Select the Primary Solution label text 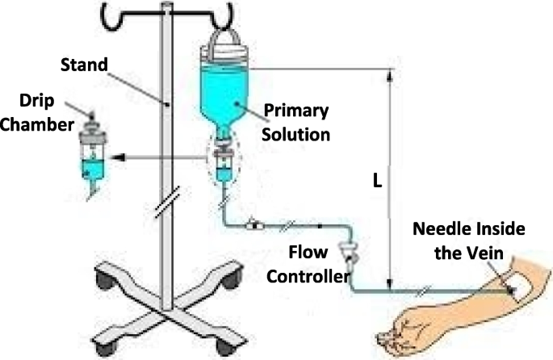tap(295, 119)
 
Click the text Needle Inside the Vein tap(469, 241)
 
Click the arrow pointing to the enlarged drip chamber tap(161, 157)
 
